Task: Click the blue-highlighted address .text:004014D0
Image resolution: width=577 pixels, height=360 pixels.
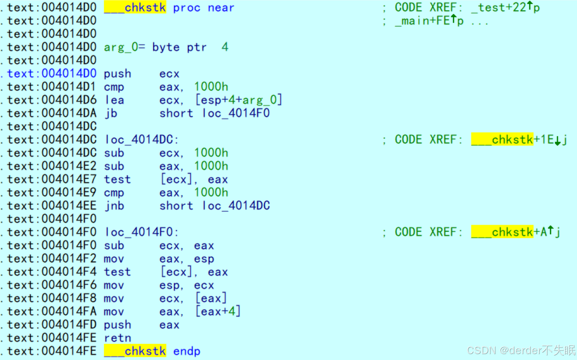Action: tap(52, 74)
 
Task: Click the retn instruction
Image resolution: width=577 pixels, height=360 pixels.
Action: tap(117, 338)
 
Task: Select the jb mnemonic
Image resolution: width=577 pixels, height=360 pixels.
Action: tap(111, 113)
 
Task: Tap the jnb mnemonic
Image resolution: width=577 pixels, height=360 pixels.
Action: tap(114, 206)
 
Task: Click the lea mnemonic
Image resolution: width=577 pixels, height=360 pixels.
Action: tap(114, 100)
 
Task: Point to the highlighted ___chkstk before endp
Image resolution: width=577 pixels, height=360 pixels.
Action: tap(135, 351)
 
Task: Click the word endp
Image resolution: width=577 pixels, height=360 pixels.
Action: tap(187, 351)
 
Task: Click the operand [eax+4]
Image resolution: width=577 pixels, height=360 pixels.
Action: tap(217, 312)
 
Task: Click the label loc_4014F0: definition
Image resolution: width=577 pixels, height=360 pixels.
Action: tap(142, 232)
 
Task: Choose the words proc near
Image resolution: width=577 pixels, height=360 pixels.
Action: tap(204, 8)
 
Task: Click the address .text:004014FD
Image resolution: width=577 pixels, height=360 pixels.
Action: tap(52, 325)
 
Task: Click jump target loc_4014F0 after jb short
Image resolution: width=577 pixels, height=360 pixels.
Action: tap(236, 113)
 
